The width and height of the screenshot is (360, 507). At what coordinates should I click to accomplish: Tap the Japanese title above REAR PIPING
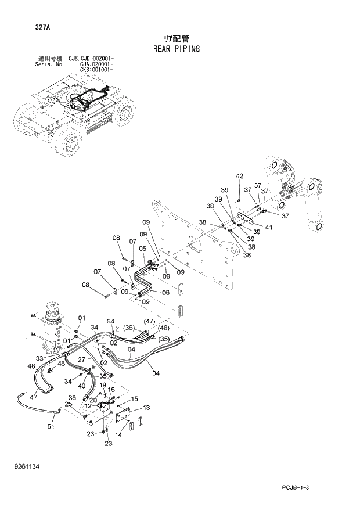point(176,38)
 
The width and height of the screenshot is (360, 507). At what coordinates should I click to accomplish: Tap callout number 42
point(239,176)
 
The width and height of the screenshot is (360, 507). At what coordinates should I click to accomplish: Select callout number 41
point(268,227)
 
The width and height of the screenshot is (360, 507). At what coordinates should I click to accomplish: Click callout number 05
point(142,248)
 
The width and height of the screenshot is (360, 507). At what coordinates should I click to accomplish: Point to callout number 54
point(110,322)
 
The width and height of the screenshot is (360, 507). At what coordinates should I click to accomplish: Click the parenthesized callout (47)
point(149,321)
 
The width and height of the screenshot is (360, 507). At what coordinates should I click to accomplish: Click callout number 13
point(146,408)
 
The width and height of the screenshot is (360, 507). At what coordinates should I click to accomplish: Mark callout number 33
point(40,358)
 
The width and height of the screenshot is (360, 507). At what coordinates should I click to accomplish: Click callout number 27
point(82,360)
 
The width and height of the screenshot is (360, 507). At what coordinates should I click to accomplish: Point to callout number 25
point(68,404)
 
